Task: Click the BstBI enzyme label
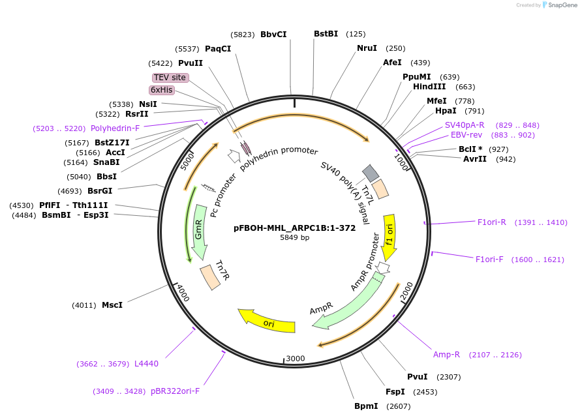[x=326, y=34]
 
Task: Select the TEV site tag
[x=170, y=78]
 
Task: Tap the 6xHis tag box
[x=162, y=90]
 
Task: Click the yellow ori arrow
[x=267, y=321]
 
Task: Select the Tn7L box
[x=378, y=190]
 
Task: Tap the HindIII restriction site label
[x=429, y=87]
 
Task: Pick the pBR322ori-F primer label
[x=175, y=391]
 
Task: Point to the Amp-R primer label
[x=446, y=355]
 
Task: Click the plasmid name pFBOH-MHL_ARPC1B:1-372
[x=295, y=228]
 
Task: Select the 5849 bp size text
[x=295, y=237]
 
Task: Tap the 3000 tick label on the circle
[x=296, y=359]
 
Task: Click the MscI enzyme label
[x=112, y=305]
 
